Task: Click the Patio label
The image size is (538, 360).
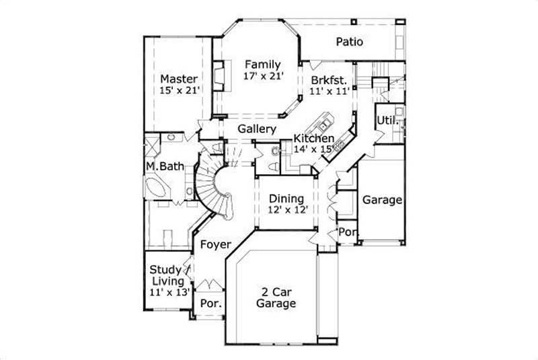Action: point(350,42)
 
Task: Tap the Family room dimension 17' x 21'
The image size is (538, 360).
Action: point(262,77)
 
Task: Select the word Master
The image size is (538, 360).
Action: point(179,79)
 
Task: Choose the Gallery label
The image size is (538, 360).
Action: point(256,129)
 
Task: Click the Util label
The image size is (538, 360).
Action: point(384,120)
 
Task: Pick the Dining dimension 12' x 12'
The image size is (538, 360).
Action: point(286,210)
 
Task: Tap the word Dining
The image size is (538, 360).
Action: point(286,199)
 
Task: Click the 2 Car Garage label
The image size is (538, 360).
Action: point(276,298)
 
